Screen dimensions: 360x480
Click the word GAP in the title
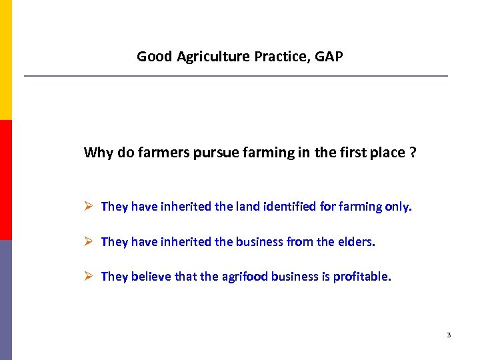point(329,57)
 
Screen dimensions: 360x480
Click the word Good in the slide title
point(155,57)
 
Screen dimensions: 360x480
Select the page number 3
point(449,335)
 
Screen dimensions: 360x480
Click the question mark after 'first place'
point(413,153)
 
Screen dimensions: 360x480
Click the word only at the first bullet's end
point(398,207)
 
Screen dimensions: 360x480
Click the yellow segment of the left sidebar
point(5,60)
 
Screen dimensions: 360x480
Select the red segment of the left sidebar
point(5,180)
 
